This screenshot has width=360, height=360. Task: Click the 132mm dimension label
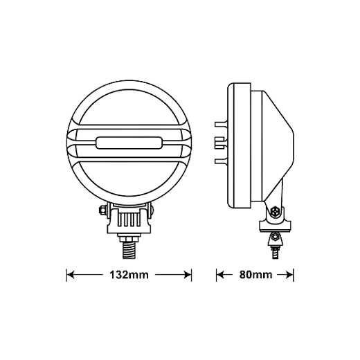pyautogui.click(x=129, y=275)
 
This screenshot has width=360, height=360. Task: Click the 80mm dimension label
pyautogui.click(x=255, y=275)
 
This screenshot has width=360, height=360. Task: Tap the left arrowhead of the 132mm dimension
pyautogui.click(x=70, y=275)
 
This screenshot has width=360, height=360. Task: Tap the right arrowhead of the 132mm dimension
pyautogui.click(x=188, y=275)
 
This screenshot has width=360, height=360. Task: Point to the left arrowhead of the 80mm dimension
pyautogui.click(x=220, y=275)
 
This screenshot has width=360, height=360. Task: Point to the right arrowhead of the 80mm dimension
pyautogui.click(x=290, y=275)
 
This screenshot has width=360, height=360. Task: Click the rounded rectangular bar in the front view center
pyautogui.click(x=129, y=143)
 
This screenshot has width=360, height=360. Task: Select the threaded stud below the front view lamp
pyautogui.click(x=129, y=250)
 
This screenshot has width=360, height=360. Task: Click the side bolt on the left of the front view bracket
pyautogui.click(x=102, y=210)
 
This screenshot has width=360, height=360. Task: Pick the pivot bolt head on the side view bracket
pyautogui.click(x=275, y=211)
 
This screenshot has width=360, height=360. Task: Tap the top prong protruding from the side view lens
pyautogui.click(x=221, y=124)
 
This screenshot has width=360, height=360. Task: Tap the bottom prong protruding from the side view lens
pyautogui.click(x=221, y=161)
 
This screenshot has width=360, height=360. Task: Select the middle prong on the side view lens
pyautogui.click(x=219, y=143)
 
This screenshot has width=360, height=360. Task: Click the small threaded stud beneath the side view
pyautogui.click(x=275, y=252)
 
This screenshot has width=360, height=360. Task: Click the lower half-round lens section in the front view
pyautogui.click(x=129, y=179)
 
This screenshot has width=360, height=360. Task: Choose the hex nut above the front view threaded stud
pyautogui.click(x=129, y=237)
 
